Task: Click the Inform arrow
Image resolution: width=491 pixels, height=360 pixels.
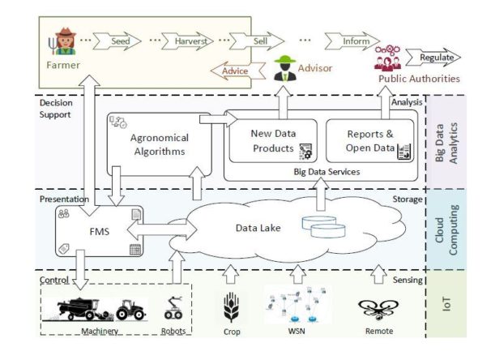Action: [x=351, y=40]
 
